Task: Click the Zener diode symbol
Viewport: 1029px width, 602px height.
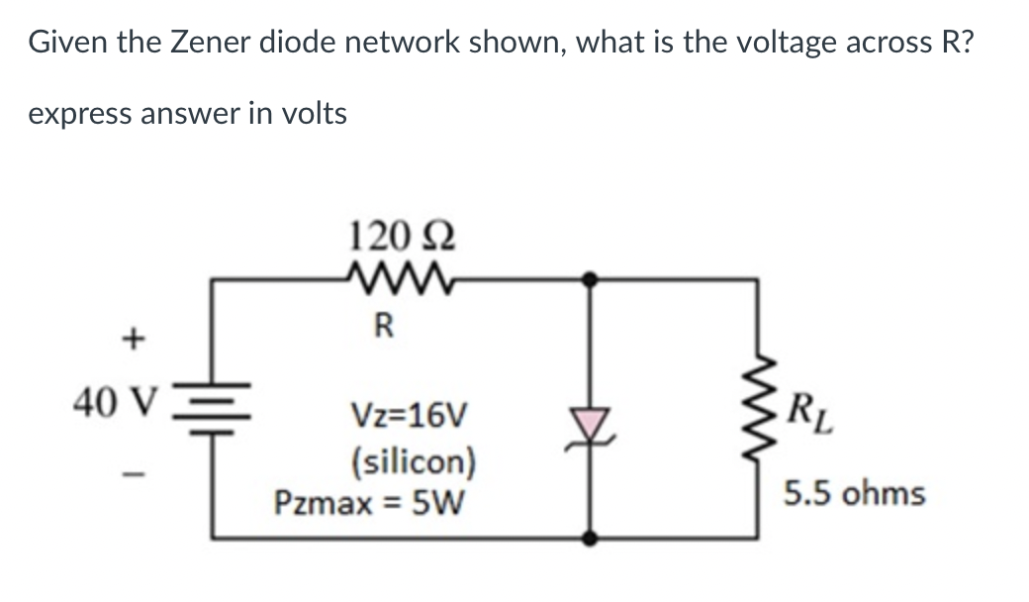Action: click(x=591, y=424)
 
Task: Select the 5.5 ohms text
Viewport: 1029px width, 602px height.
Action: click(x=855, y=493)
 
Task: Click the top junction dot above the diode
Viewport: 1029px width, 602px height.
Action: click(x=591, y=280)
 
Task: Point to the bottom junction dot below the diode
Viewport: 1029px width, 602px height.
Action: click(x=591, y=539)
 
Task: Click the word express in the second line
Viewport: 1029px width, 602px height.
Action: click(x=81, y=114)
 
